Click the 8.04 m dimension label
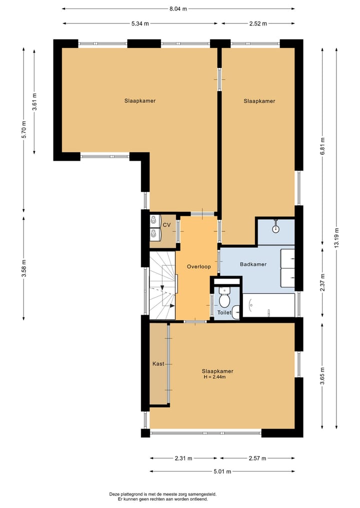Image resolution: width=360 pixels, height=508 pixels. [x=178, y=8]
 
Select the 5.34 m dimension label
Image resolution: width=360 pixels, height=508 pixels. [x=140, y=23]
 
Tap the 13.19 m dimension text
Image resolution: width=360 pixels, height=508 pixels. [x=337, y=238]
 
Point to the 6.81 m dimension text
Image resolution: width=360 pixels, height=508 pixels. [x=322, y=147]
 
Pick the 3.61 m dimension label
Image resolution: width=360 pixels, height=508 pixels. [x=34, y=101]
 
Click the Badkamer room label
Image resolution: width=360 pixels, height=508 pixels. [x=253, y=264]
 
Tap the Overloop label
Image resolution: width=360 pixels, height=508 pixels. [x=199, y=267]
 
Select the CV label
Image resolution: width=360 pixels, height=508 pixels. [x=167, y=225]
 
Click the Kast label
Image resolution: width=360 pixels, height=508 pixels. [x=158, y=364]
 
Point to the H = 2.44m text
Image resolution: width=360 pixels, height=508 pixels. [x=214, y=377]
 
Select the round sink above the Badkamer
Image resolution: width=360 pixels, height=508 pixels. [x=275, y=229]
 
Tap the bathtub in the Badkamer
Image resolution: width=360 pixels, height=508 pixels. [x=268, y=305]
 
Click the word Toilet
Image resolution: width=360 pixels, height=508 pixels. [x=224, y=313]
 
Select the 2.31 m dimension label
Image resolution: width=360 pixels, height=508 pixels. [x=183, y=458]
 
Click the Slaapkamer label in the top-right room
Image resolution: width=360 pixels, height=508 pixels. [x=259, y=101]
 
